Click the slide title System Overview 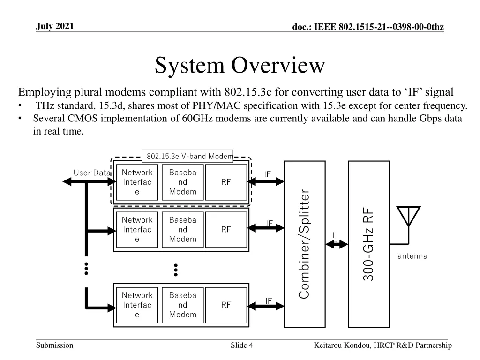coord(240,65)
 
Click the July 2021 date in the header coord(55,26)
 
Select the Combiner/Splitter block coord(305,244)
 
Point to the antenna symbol coord(408,217)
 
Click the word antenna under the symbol coord(412,256)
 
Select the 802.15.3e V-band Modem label coord(187,156)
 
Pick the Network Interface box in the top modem coord(137,182)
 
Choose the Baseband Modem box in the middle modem coord(182,229)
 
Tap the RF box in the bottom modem coord(226,305)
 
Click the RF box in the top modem coord(226,182)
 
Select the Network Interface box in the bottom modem coord(137,305)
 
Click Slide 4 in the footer coord(242,345)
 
